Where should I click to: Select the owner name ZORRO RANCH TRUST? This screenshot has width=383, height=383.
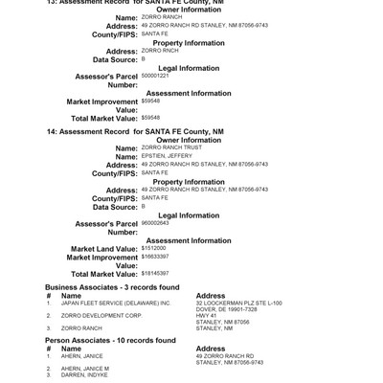[166, 148]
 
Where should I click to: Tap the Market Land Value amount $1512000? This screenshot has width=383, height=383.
[153, 248]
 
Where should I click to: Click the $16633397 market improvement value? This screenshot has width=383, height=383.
[155, 257]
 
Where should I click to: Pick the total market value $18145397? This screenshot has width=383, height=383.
[155, 274]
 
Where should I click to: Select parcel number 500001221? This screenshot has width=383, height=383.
[155, 75]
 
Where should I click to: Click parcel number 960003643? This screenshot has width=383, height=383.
[155, 222]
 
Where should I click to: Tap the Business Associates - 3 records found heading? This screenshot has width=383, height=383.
[112, 287]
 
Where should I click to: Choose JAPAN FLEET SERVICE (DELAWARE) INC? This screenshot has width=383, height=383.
[116, 303]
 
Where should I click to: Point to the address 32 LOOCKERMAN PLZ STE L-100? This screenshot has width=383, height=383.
[238, 303]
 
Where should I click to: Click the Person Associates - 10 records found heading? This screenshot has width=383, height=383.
[110, 340]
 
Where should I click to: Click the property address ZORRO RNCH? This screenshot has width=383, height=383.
[159, 50]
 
